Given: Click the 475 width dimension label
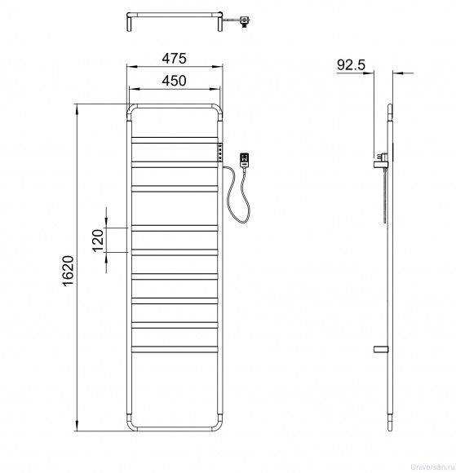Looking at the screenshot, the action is (x=174, y=58).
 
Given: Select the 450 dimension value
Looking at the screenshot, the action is (x=174, y=81).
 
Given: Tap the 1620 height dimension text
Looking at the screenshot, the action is (x=69, y=271).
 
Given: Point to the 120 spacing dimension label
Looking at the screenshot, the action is (x=98, y=241).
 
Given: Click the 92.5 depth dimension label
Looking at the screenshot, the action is (x=351, y=65).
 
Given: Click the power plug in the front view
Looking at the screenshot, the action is (x=244, y=159).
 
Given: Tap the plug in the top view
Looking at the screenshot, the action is (x=244, y=22).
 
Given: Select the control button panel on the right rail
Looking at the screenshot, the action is (x=220, y=153).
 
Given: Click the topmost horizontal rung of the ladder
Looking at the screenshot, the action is (x=175, y=139).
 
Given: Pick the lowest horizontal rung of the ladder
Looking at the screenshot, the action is (x=175, y=349).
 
